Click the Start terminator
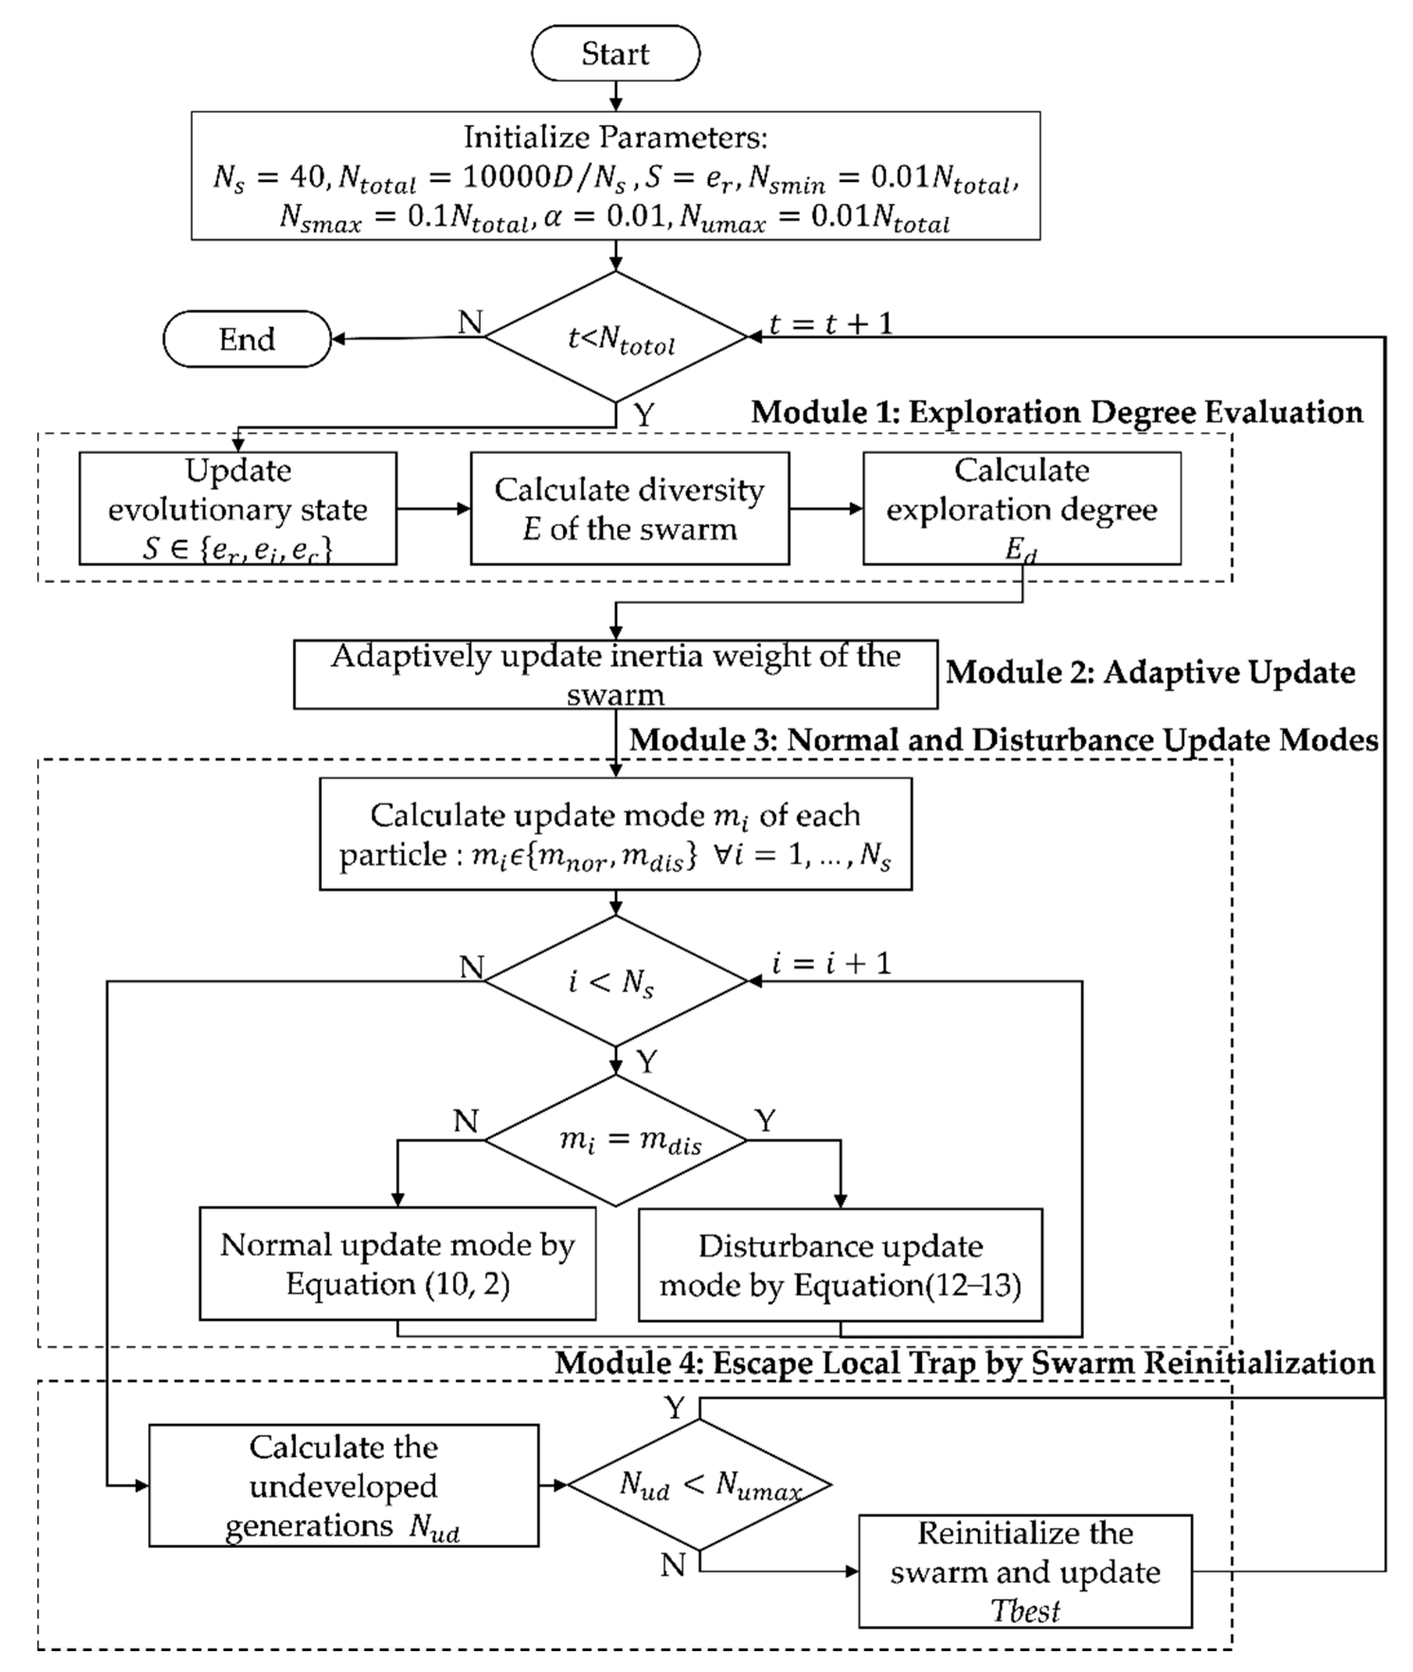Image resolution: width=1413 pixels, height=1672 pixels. (x=615, y=53)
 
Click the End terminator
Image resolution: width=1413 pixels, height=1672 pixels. (x=247, y=339)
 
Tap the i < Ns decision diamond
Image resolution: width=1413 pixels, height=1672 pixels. (x=615, y=980)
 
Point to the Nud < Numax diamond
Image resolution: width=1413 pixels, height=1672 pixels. (x=700, y=1484)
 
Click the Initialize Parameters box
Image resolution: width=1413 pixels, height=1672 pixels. (x=615, y=175)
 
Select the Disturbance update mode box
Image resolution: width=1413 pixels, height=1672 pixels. (x=840, y=1264)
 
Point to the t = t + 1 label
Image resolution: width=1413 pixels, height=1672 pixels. (x=831, y=324)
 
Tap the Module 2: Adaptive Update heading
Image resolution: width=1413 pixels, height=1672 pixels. (x=1150, y=672)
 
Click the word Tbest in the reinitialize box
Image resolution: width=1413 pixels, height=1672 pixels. (x=1025, y=1610)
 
